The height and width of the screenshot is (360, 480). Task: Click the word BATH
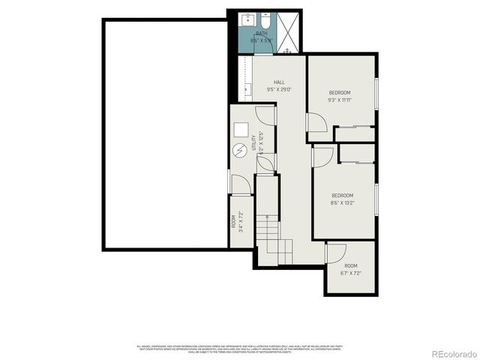coord(261,34)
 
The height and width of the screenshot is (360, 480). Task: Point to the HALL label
coord(279,82)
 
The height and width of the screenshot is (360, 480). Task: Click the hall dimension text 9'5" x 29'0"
coord(279,90)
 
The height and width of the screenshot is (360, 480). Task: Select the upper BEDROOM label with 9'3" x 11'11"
coord(339,92)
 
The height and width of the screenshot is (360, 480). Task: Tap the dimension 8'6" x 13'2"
coord(342,202)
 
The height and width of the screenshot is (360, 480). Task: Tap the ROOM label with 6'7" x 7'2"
coord(351,266)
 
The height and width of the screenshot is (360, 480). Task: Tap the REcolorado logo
coord(449,353)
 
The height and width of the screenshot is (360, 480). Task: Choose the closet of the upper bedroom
coord(354,134)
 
